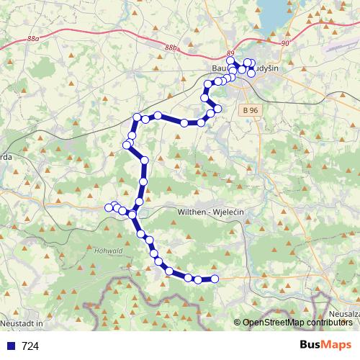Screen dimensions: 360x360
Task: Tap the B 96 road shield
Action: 250,110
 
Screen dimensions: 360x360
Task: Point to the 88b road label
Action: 170,48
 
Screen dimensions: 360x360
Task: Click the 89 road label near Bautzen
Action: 230,54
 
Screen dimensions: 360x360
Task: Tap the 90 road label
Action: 286,44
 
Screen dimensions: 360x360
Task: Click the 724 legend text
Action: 30,346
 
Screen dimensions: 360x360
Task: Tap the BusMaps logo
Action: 326,345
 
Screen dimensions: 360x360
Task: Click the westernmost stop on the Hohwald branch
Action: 109,207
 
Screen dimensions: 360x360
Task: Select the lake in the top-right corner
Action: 277,13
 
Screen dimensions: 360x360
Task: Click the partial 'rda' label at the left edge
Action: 6,156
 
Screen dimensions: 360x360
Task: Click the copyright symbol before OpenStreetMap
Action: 238,323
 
